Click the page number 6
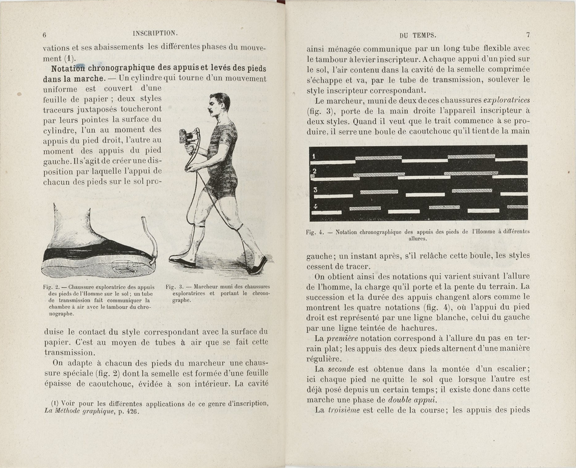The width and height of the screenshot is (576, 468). [x=45, y=35]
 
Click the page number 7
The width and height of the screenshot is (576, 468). [x=528, y=35]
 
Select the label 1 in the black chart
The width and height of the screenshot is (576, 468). [x=315, y=155]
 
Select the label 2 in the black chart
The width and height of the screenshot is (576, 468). [x=315, y=171]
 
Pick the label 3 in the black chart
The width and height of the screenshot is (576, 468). [x=315, y=190]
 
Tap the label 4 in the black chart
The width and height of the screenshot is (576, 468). [x=315, y=206]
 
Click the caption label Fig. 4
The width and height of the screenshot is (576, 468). [x=315, y=232]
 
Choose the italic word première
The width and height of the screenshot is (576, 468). [x=345, y=338]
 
